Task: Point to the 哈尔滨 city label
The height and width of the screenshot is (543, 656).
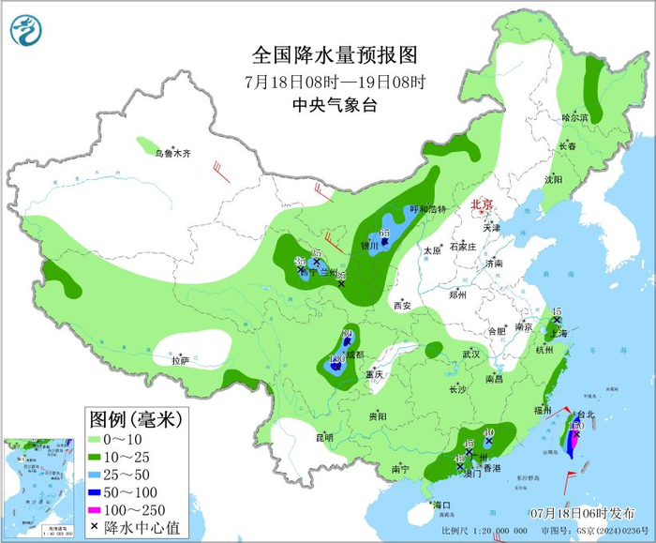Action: coord(574,118)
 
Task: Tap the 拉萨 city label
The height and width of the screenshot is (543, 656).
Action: coord(181,360)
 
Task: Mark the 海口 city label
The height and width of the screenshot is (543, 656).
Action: coord(441,506)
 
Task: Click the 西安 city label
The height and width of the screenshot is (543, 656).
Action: coord(402,307)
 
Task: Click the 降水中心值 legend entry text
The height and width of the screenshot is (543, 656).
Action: coord(143,528)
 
